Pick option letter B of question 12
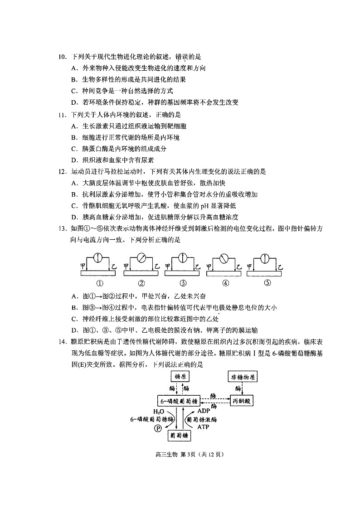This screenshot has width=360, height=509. [x=74, y=194]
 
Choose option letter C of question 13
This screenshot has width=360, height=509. [x=74, y=319]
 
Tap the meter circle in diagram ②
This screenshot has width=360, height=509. [x=141, y=259]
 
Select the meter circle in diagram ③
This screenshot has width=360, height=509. [x=183, y=259]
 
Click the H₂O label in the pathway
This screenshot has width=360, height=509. [x=158, y=411]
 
